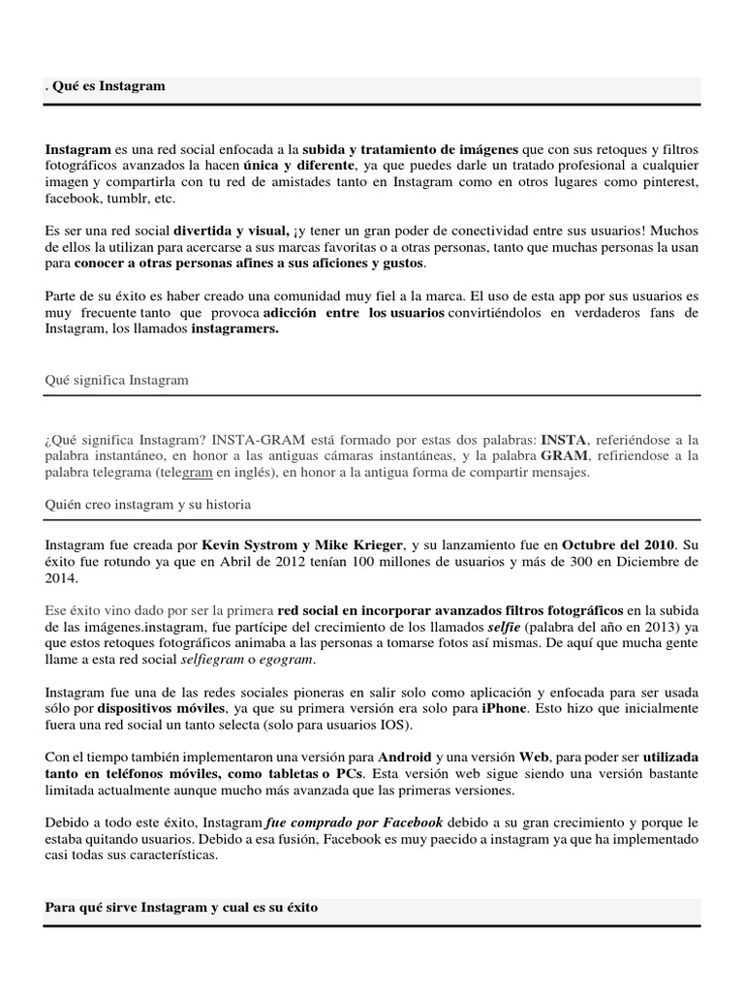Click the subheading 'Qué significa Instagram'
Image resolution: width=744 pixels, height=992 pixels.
[x=116, y=381]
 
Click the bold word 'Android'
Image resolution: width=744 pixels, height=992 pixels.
[x=405, y=757]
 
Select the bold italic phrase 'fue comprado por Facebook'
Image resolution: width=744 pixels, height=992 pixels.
[x=354, y=822]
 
